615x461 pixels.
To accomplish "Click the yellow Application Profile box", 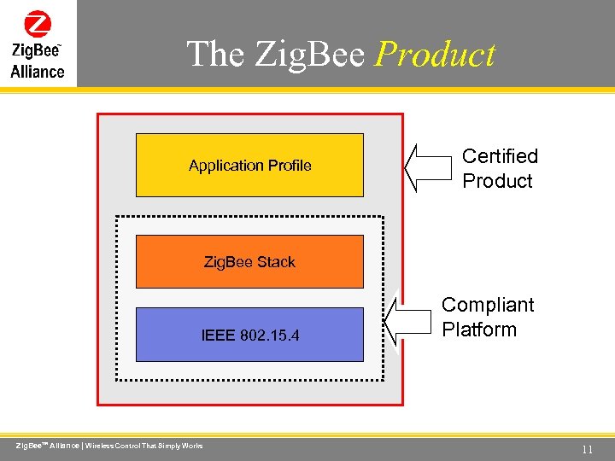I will click(249, 165).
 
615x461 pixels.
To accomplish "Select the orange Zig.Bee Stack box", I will click(249, 261).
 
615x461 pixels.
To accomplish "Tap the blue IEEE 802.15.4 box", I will click(249, 335).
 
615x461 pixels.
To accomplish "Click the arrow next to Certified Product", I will click(426, 166).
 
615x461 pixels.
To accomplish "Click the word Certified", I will click(500, 156).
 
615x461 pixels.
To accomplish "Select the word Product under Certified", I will click(497, 181).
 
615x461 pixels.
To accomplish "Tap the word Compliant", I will click(488, 305).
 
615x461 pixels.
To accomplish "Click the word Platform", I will click(479, 330).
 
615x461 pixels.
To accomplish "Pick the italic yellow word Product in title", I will click(435, 54).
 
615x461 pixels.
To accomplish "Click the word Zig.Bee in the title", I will click(310, 54).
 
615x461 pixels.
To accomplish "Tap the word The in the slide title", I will click(216, 54).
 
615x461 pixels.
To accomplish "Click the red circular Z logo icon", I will click(38, 24).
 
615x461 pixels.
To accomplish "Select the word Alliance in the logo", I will click(38, 72).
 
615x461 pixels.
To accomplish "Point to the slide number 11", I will click(587, 449).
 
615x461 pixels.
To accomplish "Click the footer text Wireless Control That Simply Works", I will click(144, 446).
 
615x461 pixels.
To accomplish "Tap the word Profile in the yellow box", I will click(288, 165).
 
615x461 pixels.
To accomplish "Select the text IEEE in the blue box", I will click(219, 335).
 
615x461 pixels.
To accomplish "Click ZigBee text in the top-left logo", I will click(35, 51).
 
